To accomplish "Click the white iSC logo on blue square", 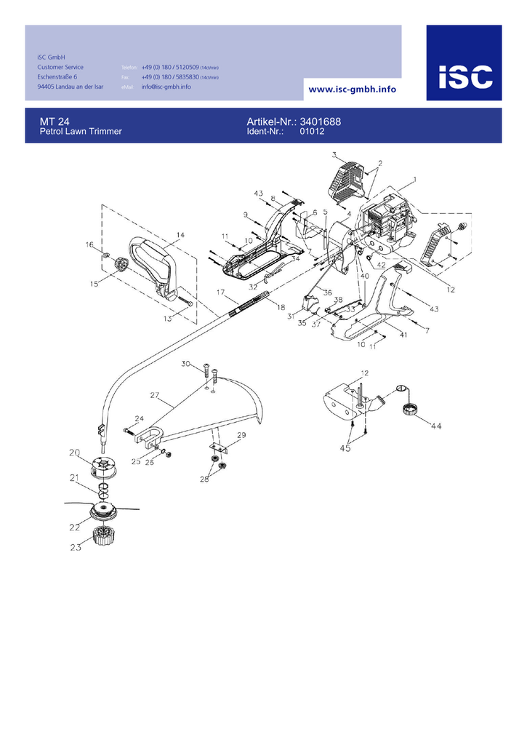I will [464, 76].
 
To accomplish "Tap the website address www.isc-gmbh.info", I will [353, 89].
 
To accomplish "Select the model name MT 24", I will [55, 121].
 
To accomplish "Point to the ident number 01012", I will [312, 132].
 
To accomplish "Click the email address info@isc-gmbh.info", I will [166, 87].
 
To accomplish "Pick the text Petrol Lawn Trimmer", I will [80, 132].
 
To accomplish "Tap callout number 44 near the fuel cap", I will [435, 426].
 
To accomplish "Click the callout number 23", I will [76, 549].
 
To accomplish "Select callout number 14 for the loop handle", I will [180, 235].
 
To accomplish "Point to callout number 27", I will [154, 396].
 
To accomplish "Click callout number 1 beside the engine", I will [414, 178].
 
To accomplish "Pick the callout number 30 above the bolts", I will [185, 364].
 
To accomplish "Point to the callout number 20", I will [75, 453].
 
